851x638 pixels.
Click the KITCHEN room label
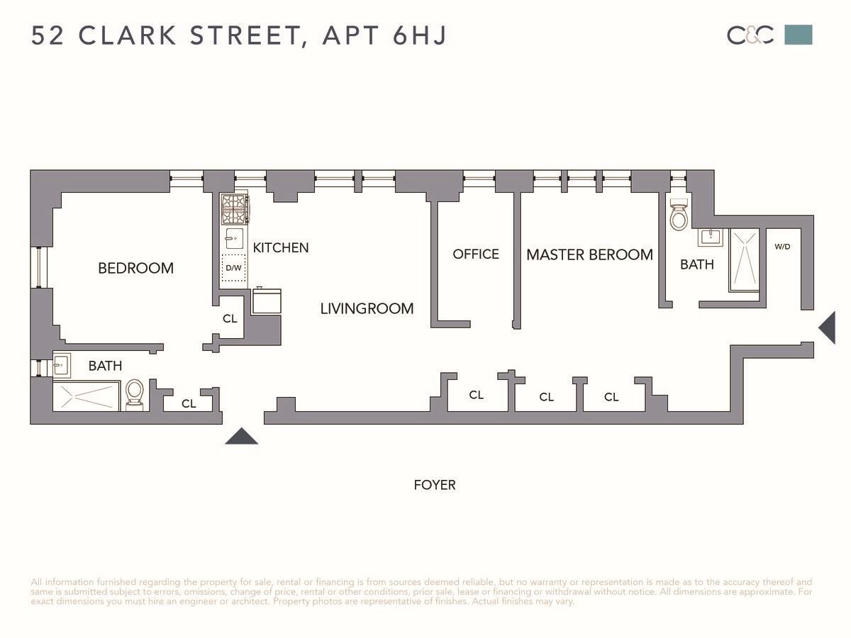pyautogui.click(x=281, y=247)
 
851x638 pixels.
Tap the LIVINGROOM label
pyautogui.click(x=367, y=308)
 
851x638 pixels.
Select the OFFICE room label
pyautogui.click(x=476, y=254)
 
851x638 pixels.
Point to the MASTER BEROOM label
pyautogui.click(x=589, y=254)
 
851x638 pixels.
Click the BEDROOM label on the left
pyautogui.click(x=135, y=268)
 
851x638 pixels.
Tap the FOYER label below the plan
pyautogui.click(x=435, y=485)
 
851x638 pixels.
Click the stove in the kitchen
pyautogui.click(x=234, y=208)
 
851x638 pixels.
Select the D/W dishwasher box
pyautogui.click(x=233, y=268)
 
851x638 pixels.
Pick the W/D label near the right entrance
pyautogui.click(x=782, y=247)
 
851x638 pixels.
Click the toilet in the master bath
pyautogui.click(x=679, y=215)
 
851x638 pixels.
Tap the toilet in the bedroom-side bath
pyautogui.click(x=135, y=393)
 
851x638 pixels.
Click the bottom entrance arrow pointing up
pyautogui.click(x=242, y=437)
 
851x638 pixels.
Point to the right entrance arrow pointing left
pyautogui.click(x=828, y=328)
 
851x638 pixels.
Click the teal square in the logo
pyautogui.click(x=798, y=35)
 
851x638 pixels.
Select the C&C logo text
pyautogui.click(x=750, y=35)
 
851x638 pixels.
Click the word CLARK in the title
pyautogui.click(x=129, y=35)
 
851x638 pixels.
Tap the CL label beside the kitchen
pyautogui.click(x=230, y=319)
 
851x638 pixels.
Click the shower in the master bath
pyautogui.click(x=744, y=260)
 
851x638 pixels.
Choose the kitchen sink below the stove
pyautogui.click(x=234, y=239)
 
